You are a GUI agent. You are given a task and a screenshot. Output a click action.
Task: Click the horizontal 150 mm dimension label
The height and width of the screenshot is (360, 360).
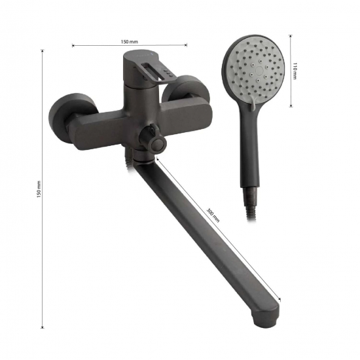pos(129,41)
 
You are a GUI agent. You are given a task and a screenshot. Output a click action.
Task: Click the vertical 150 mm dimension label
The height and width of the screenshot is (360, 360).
pos(39,189)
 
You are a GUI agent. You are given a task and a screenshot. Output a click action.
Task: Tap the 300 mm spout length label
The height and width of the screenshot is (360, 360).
pos(213,215)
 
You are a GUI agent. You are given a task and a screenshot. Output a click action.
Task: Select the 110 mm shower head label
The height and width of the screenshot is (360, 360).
pos(295,71)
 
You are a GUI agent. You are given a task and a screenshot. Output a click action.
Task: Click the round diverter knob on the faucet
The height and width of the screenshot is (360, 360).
pos(158,145)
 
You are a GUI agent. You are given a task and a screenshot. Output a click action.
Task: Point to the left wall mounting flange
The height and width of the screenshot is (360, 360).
pos(61,118)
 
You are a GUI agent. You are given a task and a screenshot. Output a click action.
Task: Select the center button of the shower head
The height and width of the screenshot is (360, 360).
pos(259,69)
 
